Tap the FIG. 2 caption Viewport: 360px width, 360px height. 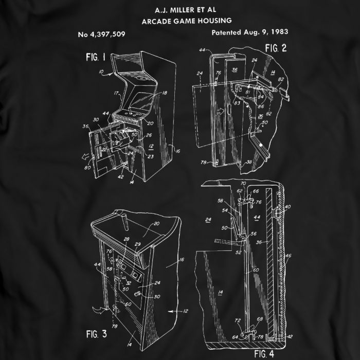pos(276,48)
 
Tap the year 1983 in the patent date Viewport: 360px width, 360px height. pos(277,32)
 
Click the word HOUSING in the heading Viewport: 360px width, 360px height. pos(211,21)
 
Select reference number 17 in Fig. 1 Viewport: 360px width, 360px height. pos(116,93)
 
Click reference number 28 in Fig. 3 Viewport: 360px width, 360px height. pos(127,240)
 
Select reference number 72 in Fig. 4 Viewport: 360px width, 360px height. pos(237,320)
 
